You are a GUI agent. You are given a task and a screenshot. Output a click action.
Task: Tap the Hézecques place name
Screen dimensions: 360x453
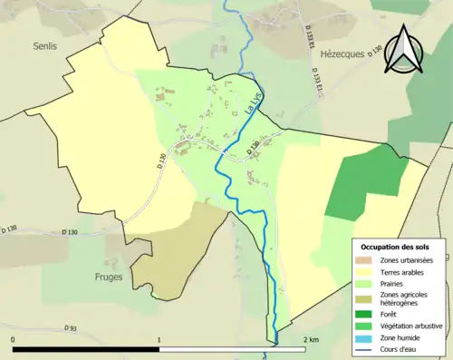pos(341,54)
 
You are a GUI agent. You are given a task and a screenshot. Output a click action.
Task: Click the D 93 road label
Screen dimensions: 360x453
pos(72,327)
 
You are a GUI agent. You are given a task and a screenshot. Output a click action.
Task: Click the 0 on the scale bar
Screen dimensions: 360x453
pos(13,339)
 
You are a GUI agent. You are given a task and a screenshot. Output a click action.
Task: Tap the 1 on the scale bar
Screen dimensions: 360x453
pos(159,339)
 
